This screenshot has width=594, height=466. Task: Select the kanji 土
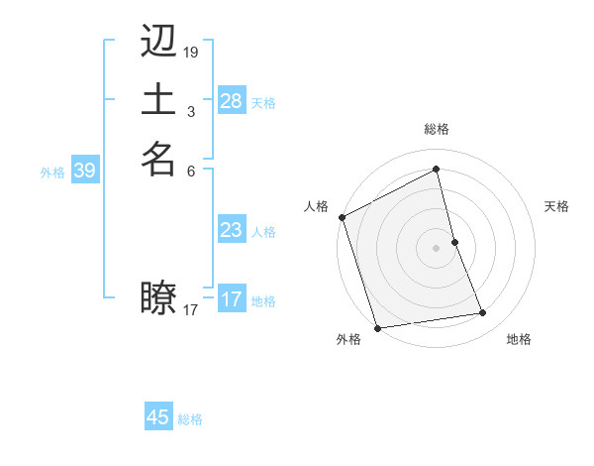pyautogui.click(x=158, y=100)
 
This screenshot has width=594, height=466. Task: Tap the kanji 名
pyautogui.click(x=158, y=159)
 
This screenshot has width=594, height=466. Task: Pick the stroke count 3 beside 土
pyautogui.click(x=190, y=111)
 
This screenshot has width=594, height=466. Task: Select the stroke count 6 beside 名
pyautogui.click(x=190, y=170)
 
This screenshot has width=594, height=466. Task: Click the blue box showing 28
pyautogui.click(x=232, y=101)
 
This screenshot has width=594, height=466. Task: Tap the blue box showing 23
pyautogui.click(x=232, y=230)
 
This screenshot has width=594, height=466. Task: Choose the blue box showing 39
pyautogui.click(x=84, y=171)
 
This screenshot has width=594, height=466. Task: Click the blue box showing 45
pyautogui.click(x=158, y=417)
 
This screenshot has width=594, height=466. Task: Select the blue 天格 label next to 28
pyautogui.click(x=263, y=102)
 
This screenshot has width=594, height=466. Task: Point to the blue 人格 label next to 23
pyautogui.click(x=263, y=231)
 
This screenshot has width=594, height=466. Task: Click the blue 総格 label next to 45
pyautogui.click(x=190, y=418)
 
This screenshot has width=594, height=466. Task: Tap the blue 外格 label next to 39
pyautogui.click(x=52, y=172)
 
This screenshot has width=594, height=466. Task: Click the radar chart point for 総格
pyautogui.click(x=437, y=170)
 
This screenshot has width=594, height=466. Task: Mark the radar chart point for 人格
pyautogui.click(x=342, y=217)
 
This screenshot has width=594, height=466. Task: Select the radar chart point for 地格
pyautogui.click(x=483, y=313)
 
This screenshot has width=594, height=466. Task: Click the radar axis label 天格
pyautogui.click(x=556, y=206)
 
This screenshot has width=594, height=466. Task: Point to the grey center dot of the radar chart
pyautogui.click(x=437, y=248)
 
